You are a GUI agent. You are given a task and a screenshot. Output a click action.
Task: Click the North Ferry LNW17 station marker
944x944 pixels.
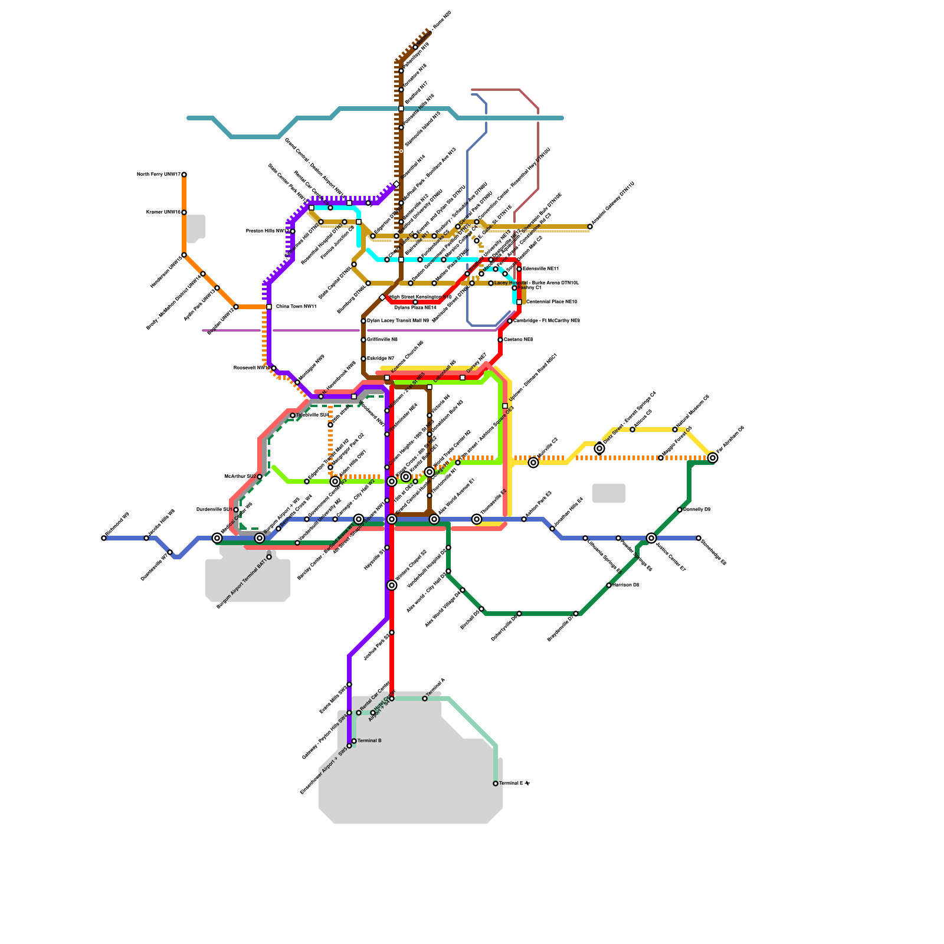pyautogui.click(x=184, y=175)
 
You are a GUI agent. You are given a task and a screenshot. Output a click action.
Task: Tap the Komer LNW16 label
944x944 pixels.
pyautogui.click(x=163, y=212)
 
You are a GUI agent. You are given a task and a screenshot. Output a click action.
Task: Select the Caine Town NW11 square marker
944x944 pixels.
pyautogui.click(x=269, y=307)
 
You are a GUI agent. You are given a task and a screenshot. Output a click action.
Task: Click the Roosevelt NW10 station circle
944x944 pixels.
pyautogui.click(x=274, y=368)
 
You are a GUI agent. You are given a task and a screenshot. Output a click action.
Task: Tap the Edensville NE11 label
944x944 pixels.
pyautogui.click(x=540, y=269)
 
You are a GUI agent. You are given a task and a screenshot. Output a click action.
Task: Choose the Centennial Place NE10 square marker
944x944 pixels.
pyautogui.click(x=519, y=302)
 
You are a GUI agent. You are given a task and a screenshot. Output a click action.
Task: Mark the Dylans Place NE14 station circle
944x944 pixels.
pyautogui.click(x=415, y=302)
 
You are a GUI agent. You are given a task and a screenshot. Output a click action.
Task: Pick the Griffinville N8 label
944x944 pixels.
pyautogui.click(x=382, y=340)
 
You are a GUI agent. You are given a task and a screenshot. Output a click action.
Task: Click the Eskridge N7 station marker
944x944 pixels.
pyautogui.click(x=363, y=359)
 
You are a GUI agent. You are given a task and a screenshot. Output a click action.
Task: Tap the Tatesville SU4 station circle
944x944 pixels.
pyautogui.click(x=293, y=415)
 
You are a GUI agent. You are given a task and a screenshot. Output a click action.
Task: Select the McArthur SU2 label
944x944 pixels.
pyautogui.click(x=241, y=476)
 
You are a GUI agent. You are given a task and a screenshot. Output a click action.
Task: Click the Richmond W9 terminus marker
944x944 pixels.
pyautogui.click(x=104, y=538)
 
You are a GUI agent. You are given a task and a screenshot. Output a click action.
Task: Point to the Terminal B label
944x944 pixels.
pyautogui.click(x=369, y=740)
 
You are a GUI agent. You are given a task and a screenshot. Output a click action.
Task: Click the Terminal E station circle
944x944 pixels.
pyautogui.click(x=496, y=784)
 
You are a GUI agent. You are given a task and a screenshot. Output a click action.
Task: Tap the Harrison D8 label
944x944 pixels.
pyautogui.click(x=625, y=585)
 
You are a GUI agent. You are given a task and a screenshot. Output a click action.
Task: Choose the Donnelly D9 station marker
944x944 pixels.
pyautogui.click(x=680, y=510)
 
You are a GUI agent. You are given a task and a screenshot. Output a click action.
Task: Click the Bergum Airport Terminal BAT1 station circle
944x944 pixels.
pyautogui.click(x=269, y=557)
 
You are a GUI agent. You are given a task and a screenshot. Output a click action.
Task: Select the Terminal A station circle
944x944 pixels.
pyautogui.click(x=425, y=699)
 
